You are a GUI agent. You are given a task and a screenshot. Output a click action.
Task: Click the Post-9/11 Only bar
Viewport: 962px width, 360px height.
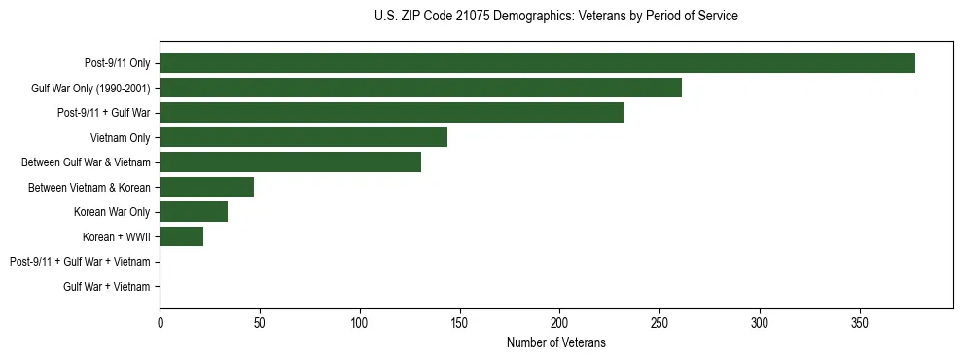click(x=537, y=63)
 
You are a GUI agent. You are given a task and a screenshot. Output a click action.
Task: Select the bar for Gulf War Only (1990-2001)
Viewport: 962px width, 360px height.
click(x=420, y=88)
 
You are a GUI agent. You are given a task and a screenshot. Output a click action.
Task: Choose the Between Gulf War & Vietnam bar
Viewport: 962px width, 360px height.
click(x=290, y=162)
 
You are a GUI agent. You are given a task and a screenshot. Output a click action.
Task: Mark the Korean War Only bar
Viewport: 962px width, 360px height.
click(x=194, y=212)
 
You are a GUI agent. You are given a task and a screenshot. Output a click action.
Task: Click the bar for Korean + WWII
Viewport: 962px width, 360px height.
click(x=181, y=236)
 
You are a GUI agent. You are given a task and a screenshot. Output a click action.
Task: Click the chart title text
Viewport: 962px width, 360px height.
click(x=555, y=17)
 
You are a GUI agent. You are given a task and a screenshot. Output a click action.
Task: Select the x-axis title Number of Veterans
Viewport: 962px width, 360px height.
click(x=555, y=342)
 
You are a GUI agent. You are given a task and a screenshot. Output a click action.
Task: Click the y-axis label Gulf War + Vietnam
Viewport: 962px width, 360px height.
click(x=106, y=287)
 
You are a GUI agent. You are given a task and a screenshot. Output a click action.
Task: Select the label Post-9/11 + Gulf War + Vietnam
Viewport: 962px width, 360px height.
click(x=80, y=262)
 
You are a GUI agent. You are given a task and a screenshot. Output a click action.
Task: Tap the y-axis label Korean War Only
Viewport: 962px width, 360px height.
click(x=112, y=212)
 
